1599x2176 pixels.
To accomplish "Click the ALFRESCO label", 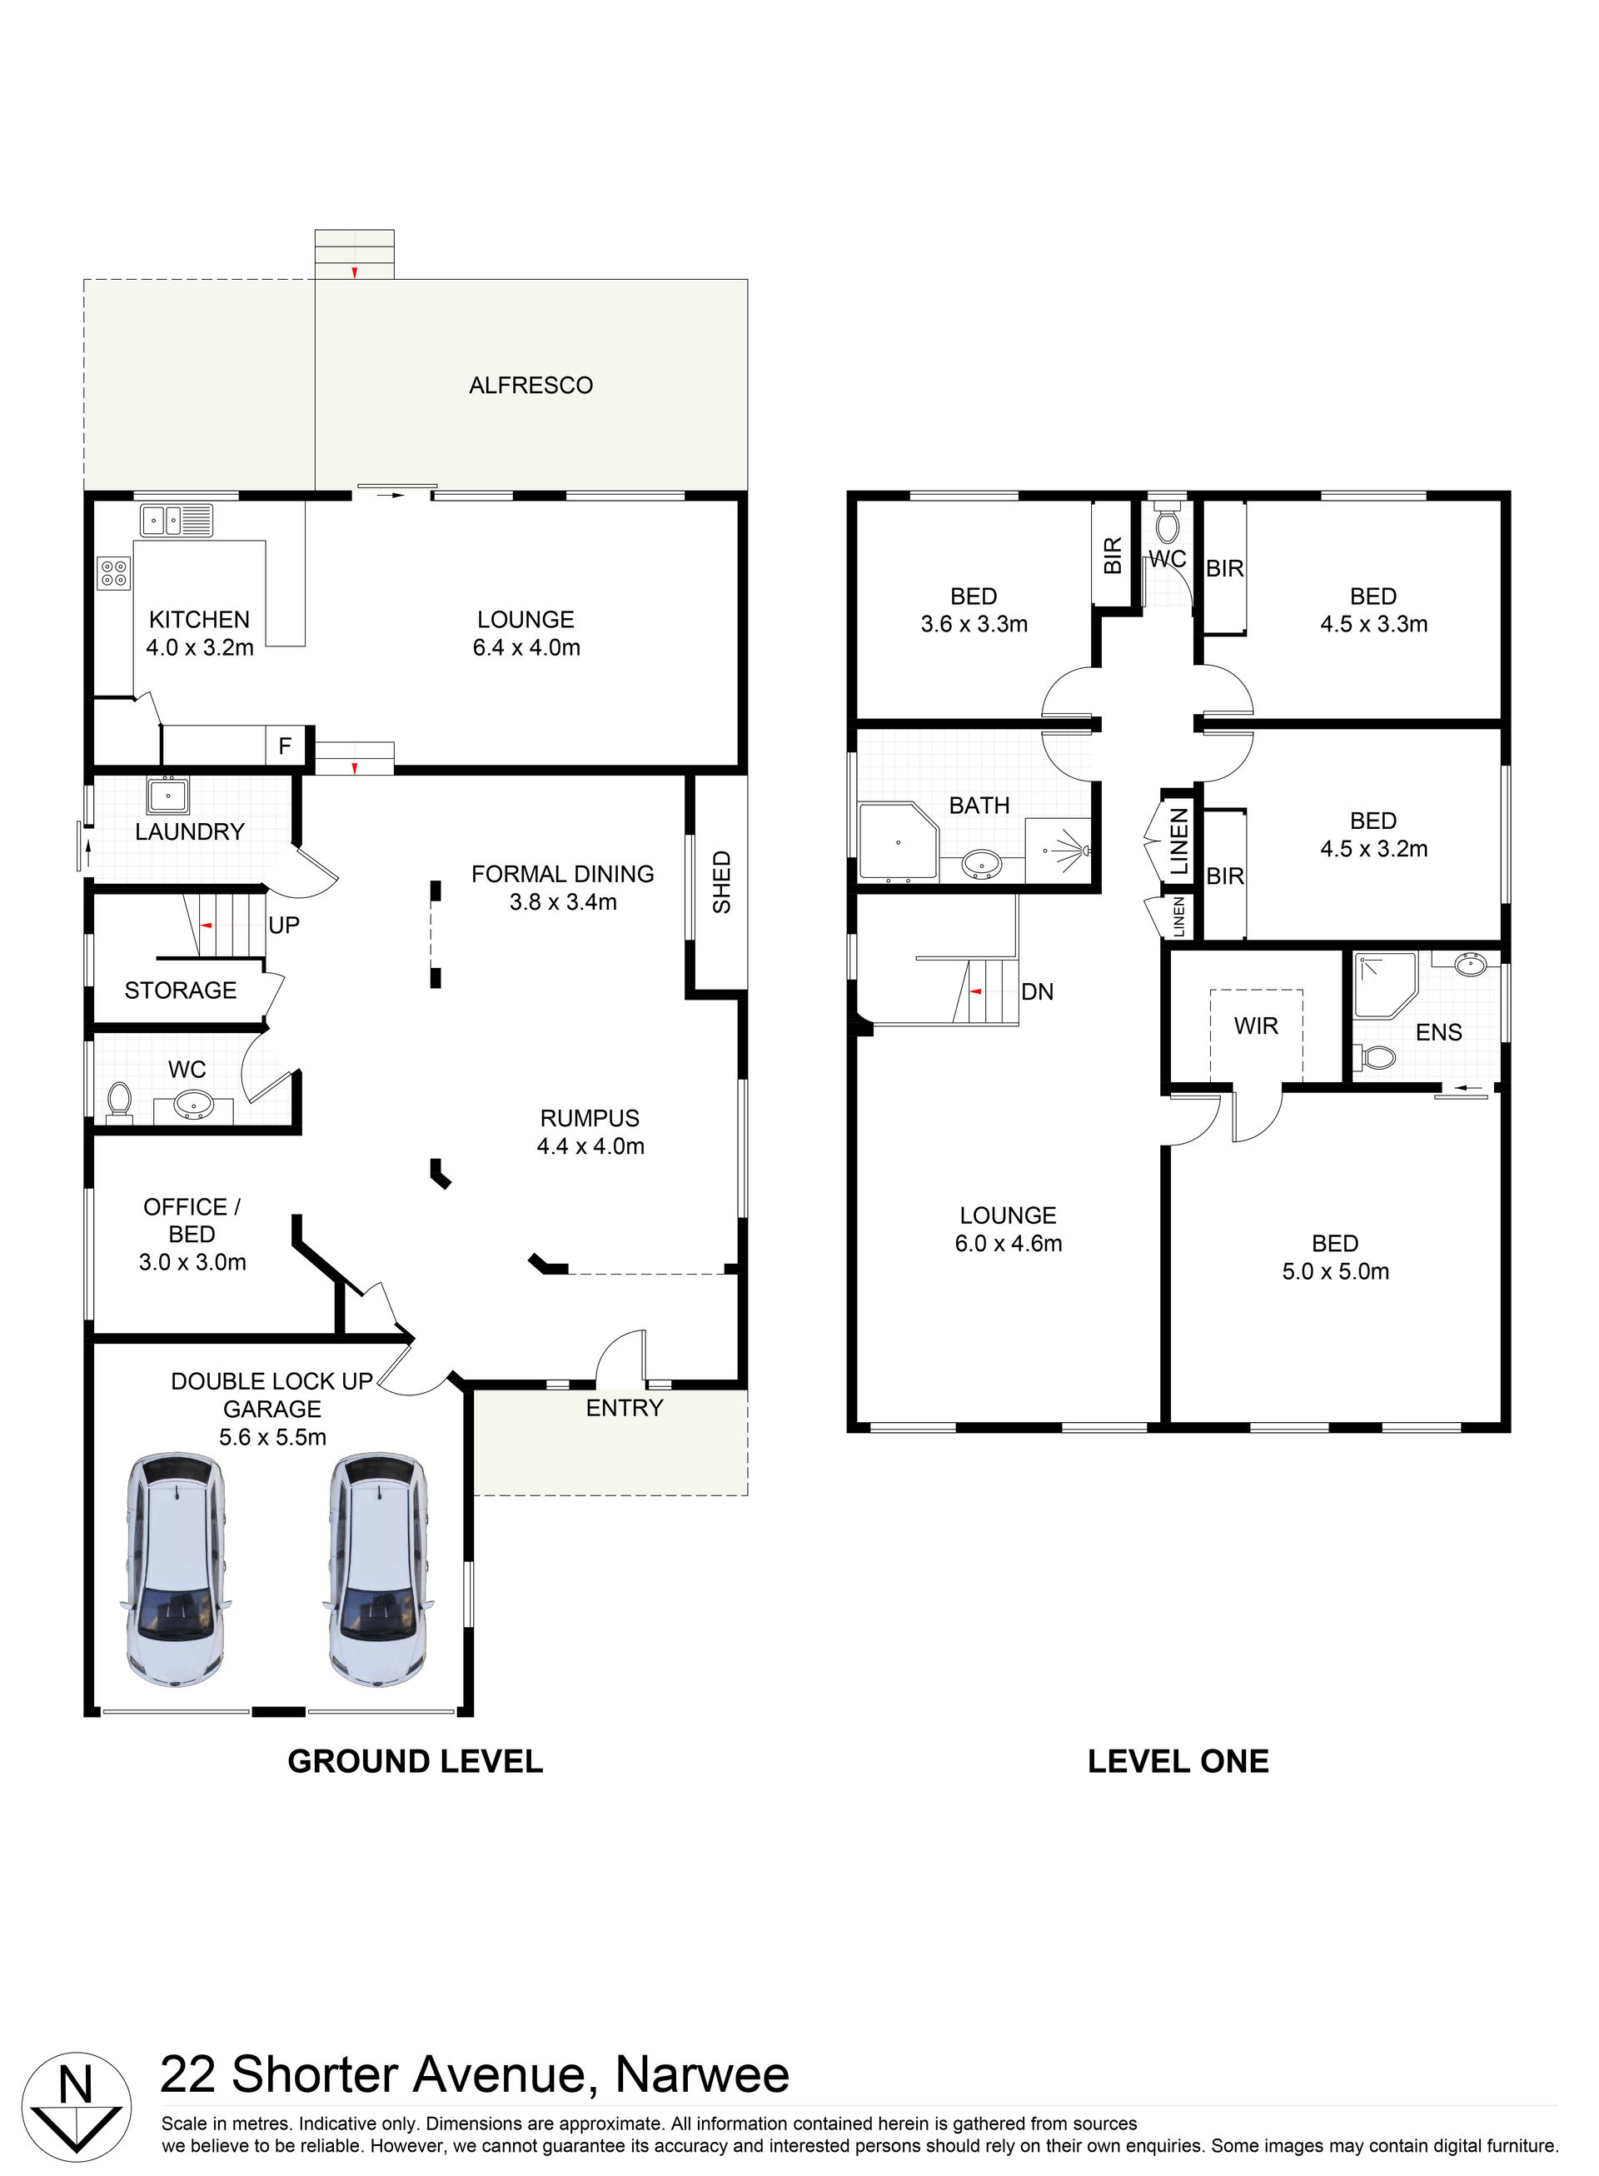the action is (531, 385).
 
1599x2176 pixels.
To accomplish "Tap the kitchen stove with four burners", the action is (113, 573).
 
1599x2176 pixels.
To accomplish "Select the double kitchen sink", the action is (177, 521).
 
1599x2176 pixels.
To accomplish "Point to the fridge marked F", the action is (285, 746).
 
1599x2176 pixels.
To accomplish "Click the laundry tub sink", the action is (168, 795).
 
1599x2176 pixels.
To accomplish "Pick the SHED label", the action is (722, 882).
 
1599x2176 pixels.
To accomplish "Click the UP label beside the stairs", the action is (284, 926).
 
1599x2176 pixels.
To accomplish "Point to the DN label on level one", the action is (1037, 992).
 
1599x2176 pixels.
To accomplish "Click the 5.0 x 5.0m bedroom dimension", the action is (1336, 1272).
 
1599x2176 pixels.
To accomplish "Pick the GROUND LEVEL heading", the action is (416, 1761).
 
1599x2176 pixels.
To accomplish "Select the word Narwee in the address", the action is (703, 2074).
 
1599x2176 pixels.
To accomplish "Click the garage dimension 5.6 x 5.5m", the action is (272, 1437).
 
